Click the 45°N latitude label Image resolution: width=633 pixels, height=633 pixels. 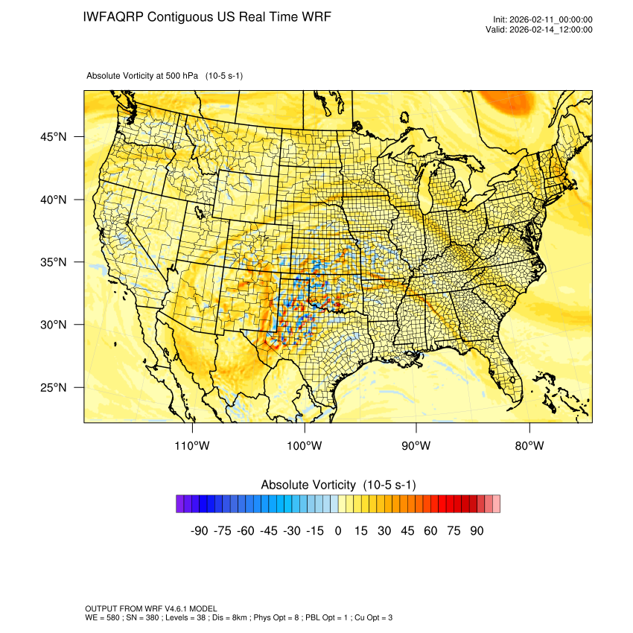(54, 137)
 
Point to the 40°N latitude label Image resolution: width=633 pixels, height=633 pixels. (54, 200)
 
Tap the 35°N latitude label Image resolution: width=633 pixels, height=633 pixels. (54, 262)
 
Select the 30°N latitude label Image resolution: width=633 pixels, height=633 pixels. (54, 325)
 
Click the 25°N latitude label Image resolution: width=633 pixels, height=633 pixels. (54, 387)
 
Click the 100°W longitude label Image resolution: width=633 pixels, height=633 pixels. (305, 445)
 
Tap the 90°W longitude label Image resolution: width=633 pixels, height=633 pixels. (416, 445)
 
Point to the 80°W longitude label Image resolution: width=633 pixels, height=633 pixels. (529, 445)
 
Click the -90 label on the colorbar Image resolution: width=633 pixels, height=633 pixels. (199, 531)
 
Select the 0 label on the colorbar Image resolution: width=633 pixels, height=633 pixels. (338, 531)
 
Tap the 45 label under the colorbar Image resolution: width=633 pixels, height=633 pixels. (407, 531)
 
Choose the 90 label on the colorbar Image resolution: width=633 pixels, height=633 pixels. (477, 531)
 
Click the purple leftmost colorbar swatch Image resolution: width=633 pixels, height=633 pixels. (180, 504)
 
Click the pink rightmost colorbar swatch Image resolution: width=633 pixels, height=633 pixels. (496, 504)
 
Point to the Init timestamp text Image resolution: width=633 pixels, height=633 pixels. (543, 19)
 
